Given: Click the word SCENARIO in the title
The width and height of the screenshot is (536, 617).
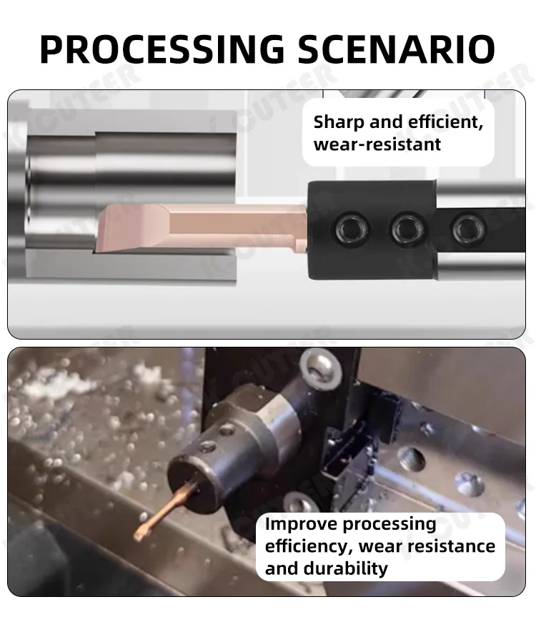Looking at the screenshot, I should coord(396,49).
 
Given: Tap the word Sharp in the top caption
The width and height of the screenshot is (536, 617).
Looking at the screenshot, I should coord(339,122).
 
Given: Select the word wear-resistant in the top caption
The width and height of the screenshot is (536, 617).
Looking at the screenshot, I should coord(377,144).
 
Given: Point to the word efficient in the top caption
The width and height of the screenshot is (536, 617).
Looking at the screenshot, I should coord(445,122).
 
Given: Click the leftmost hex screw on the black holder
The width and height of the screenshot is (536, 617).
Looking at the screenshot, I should coord(350,229).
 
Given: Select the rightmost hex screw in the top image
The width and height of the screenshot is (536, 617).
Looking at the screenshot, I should coord(469,229).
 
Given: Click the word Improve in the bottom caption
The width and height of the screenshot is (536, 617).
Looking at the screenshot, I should coord(299,524).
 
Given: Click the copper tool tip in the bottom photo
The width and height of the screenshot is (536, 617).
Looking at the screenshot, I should coord(140,533).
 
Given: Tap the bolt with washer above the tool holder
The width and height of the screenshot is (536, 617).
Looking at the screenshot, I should coord(317,368).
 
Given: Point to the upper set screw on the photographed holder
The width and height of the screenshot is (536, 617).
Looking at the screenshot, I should coord(227,429).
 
